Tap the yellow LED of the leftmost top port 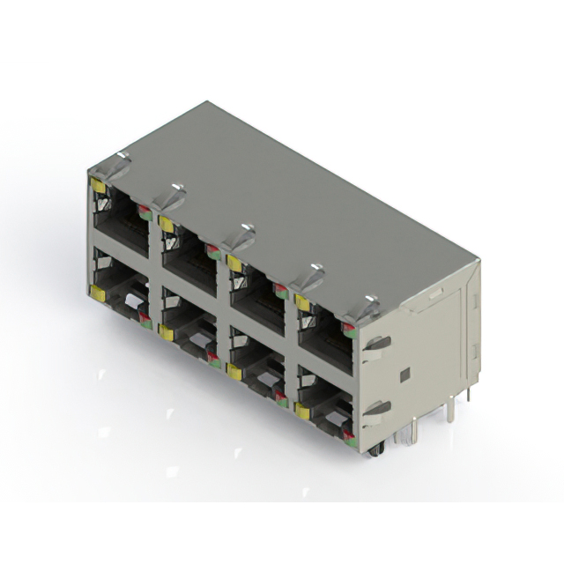pyautogui.click(x=98, y=187)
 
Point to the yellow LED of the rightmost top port pyautogui.click(x=302, y=303)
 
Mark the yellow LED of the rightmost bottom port pyautogui.click(x=302, y=410)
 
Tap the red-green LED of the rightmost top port pyautogui.click(x=349, y=330)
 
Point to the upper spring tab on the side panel pyautogui.click(x=376, y=343)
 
